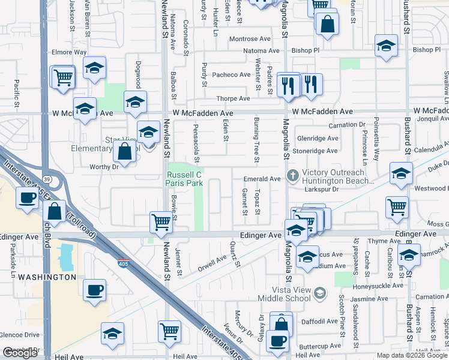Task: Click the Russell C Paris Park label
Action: pyautogui.click(x=185, y=179)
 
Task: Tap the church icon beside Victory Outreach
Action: pyautogui.click(x=292, y=176)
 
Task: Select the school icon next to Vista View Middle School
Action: pyautogui.click(x=320, y=293)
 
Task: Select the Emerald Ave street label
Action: pyautogui.click(x=262, y=179)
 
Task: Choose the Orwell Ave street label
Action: pyautogui.click(x=212, y=263)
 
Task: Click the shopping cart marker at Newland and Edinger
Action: pyautogui.click(x=161, y=222)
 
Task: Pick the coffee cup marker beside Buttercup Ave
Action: pyautogui.click(x=277, y=341)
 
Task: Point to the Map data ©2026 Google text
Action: pyautogui.click(x=411, y=355)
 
